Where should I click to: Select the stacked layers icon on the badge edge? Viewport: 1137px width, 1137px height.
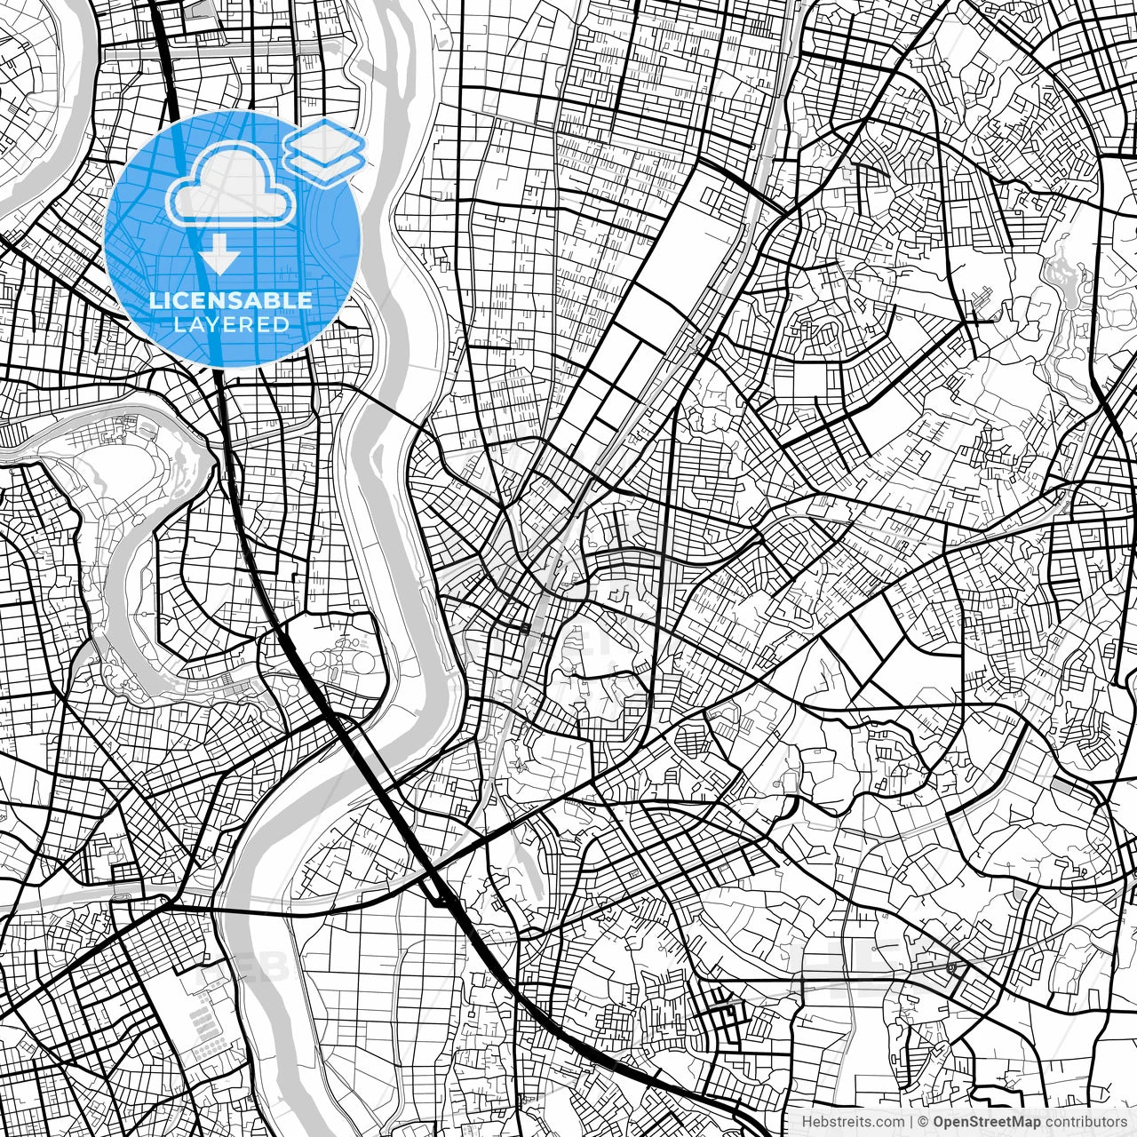(325, 152)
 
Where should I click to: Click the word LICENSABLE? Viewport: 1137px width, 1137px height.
(231, 300)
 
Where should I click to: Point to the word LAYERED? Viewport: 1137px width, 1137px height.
(231, 324)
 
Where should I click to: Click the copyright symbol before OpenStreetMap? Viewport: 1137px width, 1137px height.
(924, 1121)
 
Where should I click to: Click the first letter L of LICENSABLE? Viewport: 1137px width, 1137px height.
(155, 300)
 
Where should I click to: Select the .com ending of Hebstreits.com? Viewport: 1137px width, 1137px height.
(884, 1121)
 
